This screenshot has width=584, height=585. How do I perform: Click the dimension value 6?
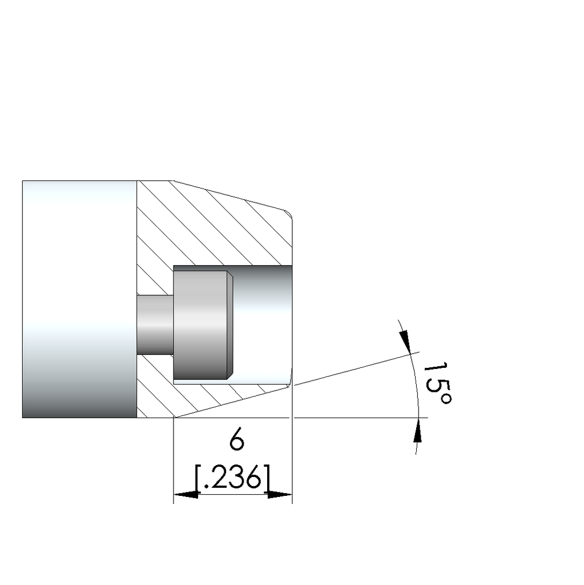pyautogui.click(x=236, y=441)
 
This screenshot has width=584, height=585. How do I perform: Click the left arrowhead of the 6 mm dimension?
pyautogui.click(x=185, y=494)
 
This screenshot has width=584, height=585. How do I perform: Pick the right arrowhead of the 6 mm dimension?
pyautogui.click(x=280, y=494)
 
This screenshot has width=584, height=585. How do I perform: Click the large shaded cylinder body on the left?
pyautogui.click(x=79, y=299)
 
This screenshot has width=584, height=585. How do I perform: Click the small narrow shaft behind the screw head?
pyautogui.click(x=154, y=323)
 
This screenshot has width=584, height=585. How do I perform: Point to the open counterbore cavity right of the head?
pyautogui.click(x=263, y=323)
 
